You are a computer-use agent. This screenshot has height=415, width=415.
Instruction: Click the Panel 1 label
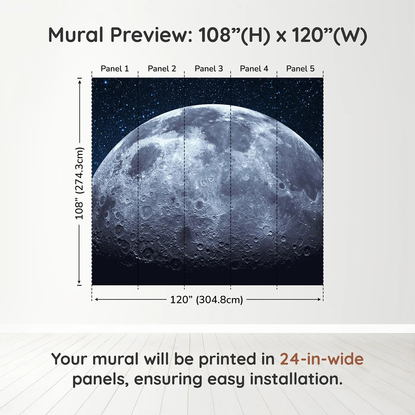pos(115,68)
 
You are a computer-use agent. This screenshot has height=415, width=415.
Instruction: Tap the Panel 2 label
pos(162,68)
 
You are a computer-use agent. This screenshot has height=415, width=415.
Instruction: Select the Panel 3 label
pos(209,68)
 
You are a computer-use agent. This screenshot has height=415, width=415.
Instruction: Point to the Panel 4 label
pos(254,68)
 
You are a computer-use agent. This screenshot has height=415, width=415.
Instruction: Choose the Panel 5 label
pos(300,68)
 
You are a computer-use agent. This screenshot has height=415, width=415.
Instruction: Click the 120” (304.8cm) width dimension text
pos(207,300)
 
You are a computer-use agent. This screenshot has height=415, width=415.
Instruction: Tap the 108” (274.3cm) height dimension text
pos(79,183)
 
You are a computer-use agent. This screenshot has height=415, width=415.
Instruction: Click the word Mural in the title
pos(76,35)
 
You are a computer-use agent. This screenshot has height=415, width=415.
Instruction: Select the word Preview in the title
pos(151,35)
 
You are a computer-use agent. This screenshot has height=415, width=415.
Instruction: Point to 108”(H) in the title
pos(234,35)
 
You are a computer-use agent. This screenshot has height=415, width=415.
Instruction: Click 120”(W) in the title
pos(329,35)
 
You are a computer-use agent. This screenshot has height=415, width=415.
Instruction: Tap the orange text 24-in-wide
pos(322,359)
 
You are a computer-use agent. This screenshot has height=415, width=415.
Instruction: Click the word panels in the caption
pos(100,380)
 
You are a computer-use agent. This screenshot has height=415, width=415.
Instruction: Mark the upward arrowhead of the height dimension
pos(79,81)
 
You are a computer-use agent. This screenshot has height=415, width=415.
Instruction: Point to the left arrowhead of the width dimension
pos(96,299)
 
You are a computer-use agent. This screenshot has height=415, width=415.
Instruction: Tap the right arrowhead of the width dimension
pos(319,299)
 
